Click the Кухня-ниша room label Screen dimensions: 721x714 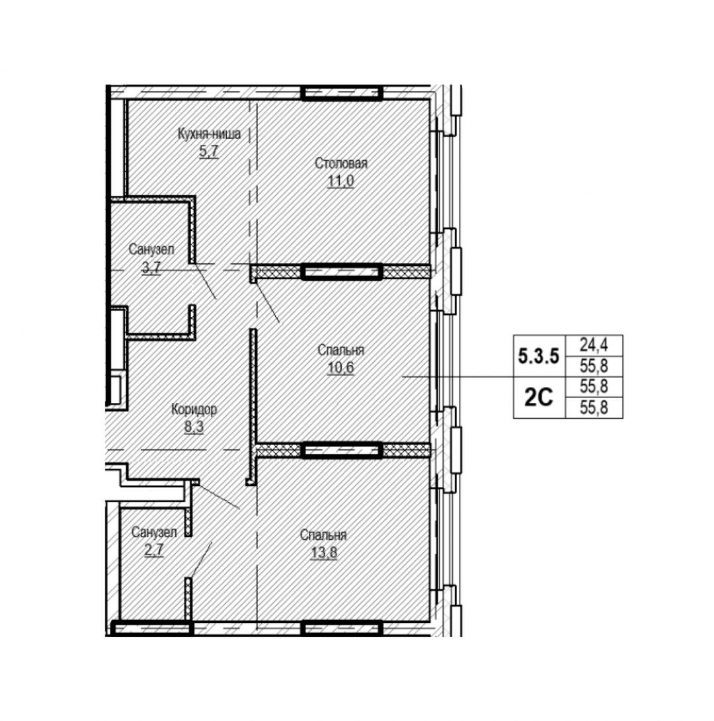(x=208, y=135)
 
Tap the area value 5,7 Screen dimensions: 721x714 (x=208, y=150)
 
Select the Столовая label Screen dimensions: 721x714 (x=341, y=163)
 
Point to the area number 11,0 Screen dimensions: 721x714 (x=341, y=180)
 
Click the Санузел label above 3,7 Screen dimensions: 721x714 (x=151, y=249)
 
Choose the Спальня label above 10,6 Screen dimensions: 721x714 (x=341, y=350)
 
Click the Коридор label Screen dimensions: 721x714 (x=194, y=409)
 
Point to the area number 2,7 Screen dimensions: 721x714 (x=154, y=548)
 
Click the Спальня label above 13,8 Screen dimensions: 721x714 (x=323, y=535)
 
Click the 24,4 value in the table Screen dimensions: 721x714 (x=594, y=345)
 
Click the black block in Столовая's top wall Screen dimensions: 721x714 (x=342, y=93)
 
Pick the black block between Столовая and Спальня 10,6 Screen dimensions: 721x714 (x=342, y=271)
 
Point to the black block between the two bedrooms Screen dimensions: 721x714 (x=342, y=451)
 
